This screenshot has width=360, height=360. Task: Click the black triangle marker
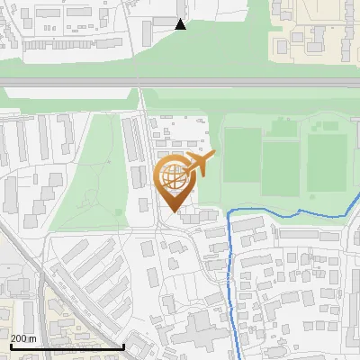pos(181,24)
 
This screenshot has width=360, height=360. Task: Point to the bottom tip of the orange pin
pos(173,212)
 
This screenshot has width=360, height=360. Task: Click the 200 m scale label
pos(23,338)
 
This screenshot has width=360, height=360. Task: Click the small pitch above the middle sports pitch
pos(281,128)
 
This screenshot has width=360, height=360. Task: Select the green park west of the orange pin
pos(90,180)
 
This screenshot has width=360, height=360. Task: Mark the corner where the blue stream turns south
pos(231,212)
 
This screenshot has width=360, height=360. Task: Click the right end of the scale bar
pos(122,346)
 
